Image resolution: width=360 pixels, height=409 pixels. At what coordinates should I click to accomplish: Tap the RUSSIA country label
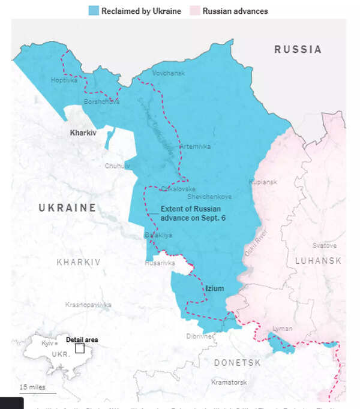[x=298, y=50]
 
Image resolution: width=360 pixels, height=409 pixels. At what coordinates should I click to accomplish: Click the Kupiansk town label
[x=263, y=181]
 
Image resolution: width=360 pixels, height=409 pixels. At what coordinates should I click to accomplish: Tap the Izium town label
[x=214, y=288]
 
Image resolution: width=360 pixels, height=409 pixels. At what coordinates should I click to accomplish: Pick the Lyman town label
[x=282, y=329]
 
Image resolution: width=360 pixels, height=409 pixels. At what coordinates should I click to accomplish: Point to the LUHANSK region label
[x=318, y=261]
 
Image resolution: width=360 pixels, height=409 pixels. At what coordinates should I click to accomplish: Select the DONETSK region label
[x=237, y=363]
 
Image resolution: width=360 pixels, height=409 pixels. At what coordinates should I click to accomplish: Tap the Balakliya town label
[x=158, y=235]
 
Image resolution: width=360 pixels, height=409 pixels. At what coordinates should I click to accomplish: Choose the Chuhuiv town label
[x=117, y=166]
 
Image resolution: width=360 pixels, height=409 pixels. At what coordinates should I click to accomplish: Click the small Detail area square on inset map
[x=79, y=348]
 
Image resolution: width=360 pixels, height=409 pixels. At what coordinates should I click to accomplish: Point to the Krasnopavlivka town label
[x=88, y=305]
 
